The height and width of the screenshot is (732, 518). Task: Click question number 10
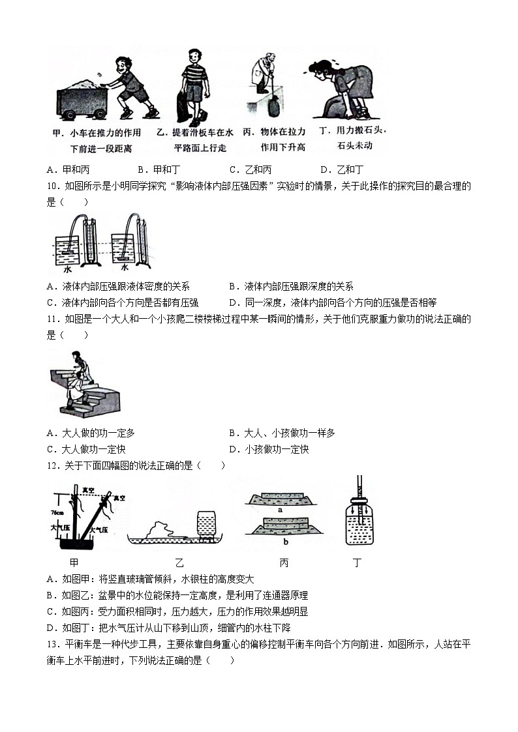pyautogui.click(x=53, y=186)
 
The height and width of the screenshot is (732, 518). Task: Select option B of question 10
pyautogui.click(x=291, y=286)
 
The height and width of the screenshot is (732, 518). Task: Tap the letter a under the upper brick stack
pyautogui.click(x=280, y=510)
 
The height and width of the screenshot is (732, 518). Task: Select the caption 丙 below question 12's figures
pyautogui.click(x=284, y=563)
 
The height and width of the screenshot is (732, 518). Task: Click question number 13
pyautogui.click(x=53, y=644)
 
